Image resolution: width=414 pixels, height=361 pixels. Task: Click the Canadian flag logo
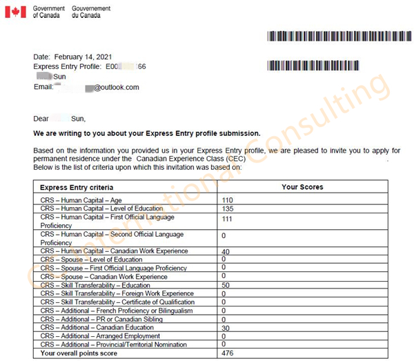16,12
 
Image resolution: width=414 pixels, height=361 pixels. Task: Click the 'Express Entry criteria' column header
77,187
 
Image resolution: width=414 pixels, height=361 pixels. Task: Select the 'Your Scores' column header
302,187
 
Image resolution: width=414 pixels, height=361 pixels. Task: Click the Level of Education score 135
228,208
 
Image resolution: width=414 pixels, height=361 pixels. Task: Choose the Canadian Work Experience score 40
226,251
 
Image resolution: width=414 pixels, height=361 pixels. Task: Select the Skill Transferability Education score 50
226,285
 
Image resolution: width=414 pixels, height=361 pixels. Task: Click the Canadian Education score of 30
226,328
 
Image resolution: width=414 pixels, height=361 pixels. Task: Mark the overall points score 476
228,353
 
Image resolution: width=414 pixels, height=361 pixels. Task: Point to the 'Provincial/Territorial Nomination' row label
113,344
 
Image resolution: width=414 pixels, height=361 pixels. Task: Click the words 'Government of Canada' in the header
49,12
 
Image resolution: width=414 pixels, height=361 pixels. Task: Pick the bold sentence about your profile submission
147,133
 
